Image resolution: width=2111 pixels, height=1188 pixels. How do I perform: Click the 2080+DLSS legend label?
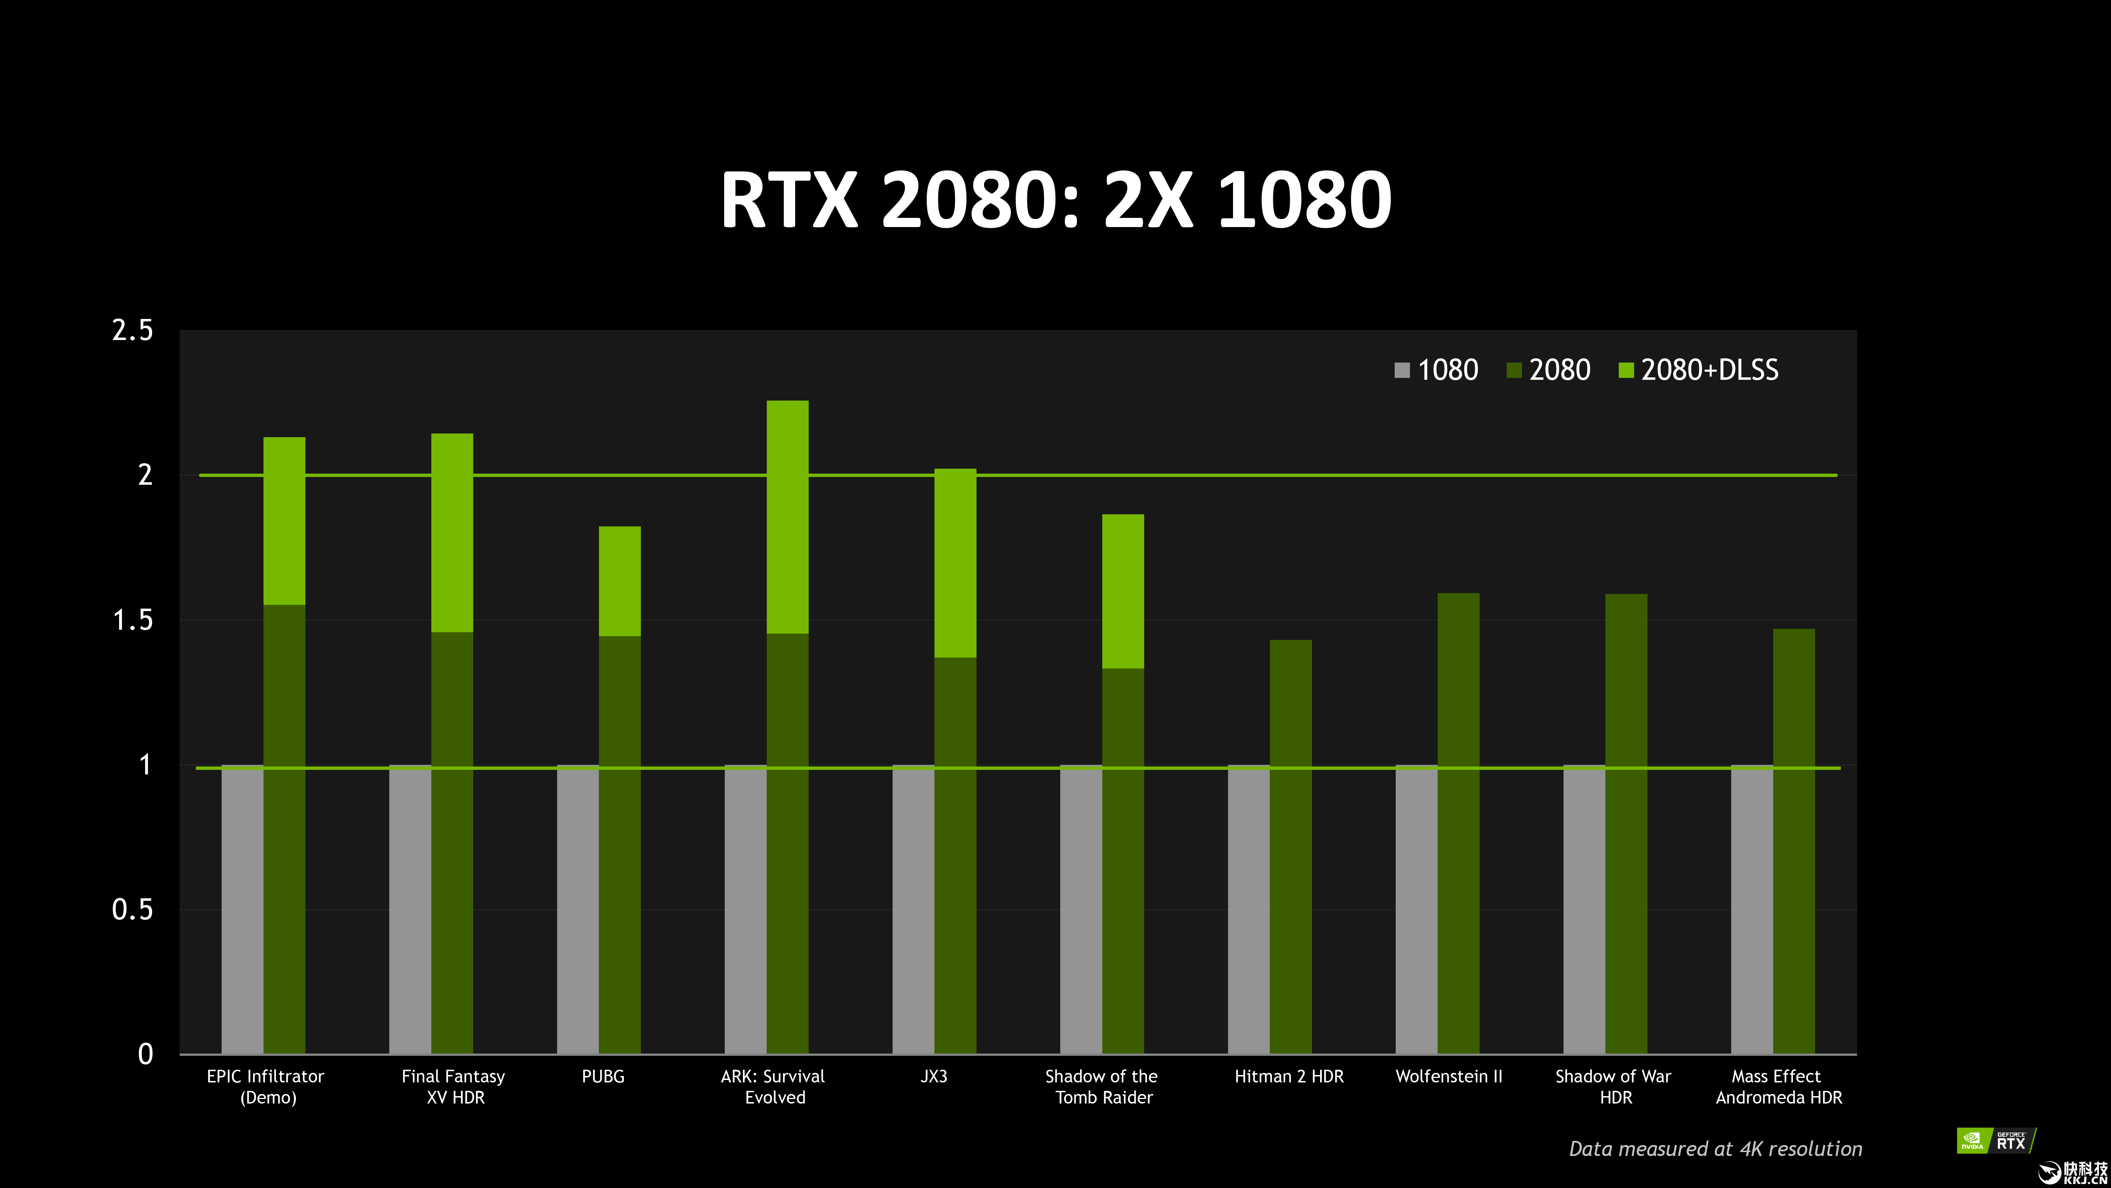click(x=1710, y=371)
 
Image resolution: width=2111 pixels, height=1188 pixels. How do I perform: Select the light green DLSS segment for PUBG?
click(x=620, y=581)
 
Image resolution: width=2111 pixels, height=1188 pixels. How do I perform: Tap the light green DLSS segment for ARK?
click(x=787, y=516)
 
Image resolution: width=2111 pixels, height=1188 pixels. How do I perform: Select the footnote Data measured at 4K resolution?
click(x=1715, y=1149)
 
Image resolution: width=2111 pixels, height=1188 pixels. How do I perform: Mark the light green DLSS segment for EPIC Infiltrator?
click(x=284, y=521)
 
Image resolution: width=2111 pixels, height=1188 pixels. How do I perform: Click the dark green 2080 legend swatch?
click(x=1514, y=371)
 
